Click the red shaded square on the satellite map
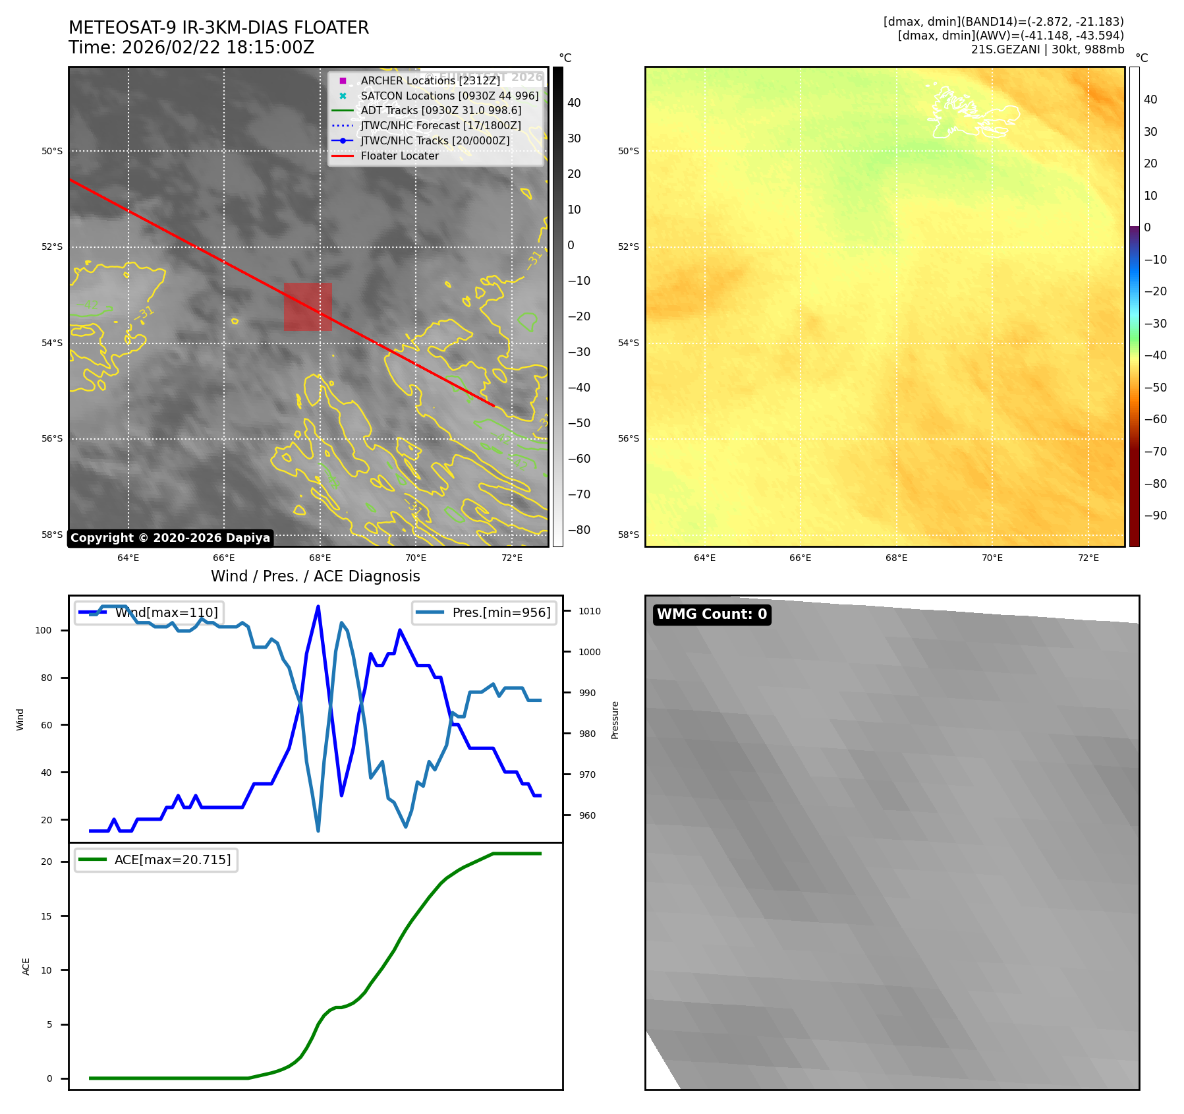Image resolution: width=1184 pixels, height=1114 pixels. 308,307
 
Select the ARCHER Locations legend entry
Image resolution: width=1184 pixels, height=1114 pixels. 430,80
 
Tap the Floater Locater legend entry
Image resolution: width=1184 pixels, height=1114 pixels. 399,156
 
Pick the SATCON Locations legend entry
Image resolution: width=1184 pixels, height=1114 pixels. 449,96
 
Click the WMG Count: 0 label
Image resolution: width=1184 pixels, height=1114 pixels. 712,614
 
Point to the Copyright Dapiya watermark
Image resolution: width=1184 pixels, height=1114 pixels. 170,538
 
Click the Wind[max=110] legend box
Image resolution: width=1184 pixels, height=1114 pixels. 149,612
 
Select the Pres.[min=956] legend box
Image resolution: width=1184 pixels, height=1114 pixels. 484,612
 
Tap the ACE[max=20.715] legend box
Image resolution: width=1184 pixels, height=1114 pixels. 157,860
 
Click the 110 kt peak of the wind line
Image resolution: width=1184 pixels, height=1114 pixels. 318,606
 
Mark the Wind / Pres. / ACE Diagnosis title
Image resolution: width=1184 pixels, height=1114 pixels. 315,576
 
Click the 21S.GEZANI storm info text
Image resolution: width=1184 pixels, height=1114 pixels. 1047,49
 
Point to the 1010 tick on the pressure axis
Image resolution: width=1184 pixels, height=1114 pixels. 590,611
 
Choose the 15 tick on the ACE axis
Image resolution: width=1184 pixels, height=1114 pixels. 46,916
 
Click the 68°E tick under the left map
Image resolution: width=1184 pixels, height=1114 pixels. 320,558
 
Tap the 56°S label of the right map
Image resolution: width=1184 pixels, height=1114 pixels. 628,438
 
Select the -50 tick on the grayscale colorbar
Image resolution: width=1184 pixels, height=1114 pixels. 579,423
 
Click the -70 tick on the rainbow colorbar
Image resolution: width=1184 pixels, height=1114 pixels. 1155,452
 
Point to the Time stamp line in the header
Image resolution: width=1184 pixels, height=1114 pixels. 191,47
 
